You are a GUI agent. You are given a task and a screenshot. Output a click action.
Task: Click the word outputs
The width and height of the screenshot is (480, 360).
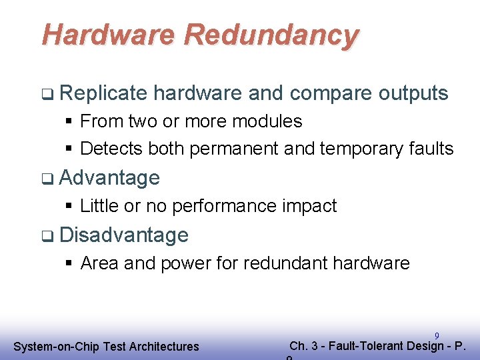413,93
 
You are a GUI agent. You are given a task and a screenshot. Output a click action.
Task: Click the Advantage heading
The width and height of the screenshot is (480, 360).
109,178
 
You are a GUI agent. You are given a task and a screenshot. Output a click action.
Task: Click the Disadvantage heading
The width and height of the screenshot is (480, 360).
124,235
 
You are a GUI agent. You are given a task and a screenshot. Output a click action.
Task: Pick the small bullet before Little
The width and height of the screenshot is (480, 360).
69,206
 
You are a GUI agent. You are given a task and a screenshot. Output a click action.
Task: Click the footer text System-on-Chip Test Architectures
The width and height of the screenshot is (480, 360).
106,346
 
